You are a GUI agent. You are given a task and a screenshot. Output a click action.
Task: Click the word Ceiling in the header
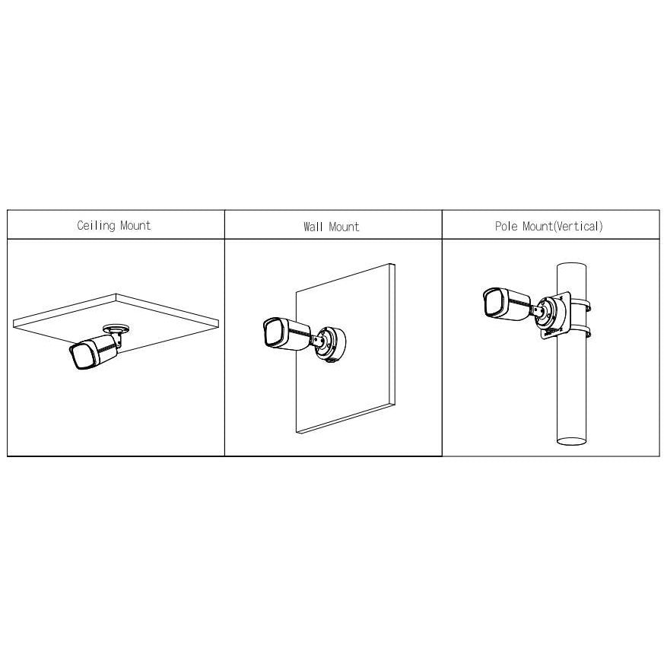(96, 225)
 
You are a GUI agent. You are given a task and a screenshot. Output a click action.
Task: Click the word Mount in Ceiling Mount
(135, 225)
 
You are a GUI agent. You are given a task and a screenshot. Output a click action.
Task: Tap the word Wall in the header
(313, 227)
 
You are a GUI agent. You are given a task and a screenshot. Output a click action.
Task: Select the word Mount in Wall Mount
(344, 227)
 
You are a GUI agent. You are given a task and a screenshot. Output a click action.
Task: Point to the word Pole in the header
(507, 226)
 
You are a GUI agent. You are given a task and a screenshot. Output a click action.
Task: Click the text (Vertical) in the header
(576, 226)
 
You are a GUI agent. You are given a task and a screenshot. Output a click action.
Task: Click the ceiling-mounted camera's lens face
(79, 356)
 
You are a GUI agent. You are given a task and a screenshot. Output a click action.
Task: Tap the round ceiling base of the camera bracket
(116, 328)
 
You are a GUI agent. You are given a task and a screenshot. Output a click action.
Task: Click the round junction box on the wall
(332, 344)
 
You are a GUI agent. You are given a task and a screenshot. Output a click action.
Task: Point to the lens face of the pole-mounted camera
(494, 303)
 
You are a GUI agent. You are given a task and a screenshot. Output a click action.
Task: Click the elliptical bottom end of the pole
(572, 440)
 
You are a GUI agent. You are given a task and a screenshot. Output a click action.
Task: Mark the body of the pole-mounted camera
(507, 303)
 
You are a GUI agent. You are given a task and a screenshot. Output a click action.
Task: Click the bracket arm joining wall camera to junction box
(318, 339)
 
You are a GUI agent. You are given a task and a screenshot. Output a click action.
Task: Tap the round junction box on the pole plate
(549, 313)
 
